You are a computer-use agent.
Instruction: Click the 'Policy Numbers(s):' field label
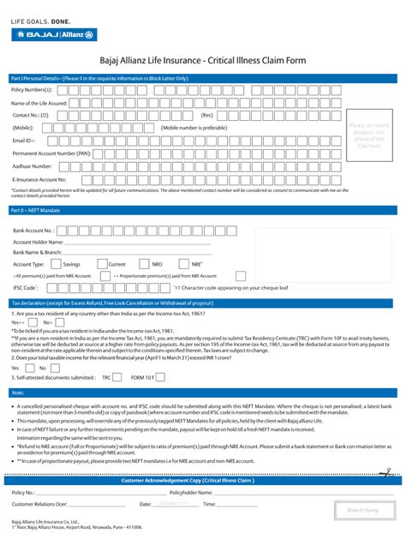32,89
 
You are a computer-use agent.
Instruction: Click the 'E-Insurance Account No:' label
39,179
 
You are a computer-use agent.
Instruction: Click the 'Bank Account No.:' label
34,231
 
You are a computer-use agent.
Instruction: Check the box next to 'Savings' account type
57,264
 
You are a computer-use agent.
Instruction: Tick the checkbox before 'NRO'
144,264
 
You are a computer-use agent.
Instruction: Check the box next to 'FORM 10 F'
160,376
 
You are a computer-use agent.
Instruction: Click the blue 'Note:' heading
18,393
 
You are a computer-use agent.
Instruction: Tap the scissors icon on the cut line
385,471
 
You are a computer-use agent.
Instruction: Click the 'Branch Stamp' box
363,510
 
